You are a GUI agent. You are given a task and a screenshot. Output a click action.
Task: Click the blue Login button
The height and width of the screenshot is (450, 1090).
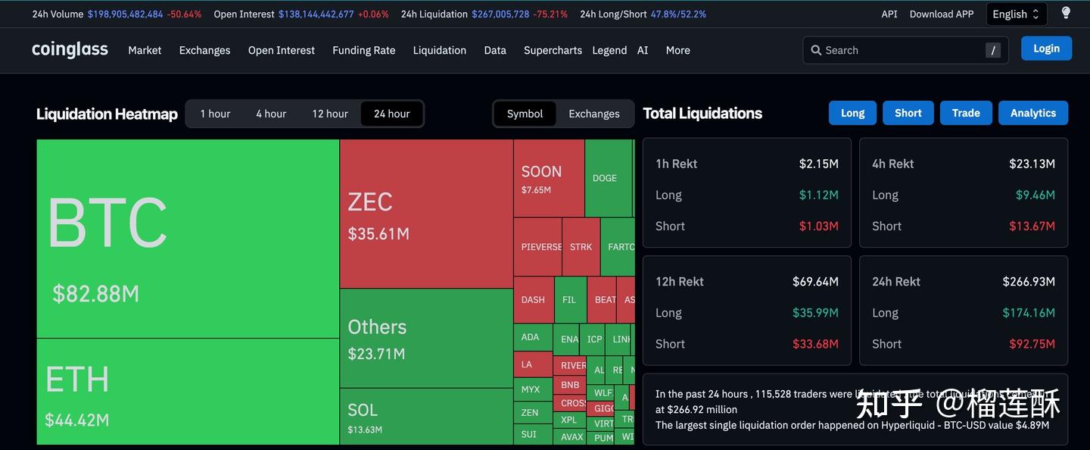click(1046, 48)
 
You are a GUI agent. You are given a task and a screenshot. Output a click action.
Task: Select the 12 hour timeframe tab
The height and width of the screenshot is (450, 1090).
click(330, 114)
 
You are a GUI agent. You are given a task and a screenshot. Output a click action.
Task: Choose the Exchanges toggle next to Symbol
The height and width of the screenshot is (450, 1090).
click(593, 114)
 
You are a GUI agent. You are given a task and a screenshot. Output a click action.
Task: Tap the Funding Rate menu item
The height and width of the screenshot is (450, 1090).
click(363, 50)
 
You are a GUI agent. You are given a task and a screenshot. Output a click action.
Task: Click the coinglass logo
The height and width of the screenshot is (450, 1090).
click(70, 50)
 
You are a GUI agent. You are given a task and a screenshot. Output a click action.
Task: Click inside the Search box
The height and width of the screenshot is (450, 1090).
click(901, 50)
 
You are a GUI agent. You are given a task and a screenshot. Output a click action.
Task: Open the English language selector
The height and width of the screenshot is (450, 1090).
click(1016, 14)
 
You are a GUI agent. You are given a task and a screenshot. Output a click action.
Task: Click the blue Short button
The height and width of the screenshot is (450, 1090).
click(908, 113)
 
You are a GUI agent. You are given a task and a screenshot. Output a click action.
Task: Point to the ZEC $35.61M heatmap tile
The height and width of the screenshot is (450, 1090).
click(426, 214)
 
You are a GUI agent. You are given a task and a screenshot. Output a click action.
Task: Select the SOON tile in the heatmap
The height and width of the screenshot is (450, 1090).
click(548, 179)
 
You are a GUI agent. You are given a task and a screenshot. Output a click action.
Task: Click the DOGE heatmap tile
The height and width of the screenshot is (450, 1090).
click(607, 178)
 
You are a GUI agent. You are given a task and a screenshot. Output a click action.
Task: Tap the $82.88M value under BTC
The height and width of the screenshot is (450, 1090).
click(95, 294)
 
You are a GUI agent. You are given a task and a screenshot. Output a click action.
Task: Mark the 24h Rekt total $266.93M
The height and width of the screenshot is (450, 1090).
click(1028, 282)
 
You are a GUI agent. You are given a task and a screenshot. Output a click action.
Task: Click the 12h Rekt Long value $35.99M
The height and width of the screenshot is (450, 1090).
click(815, 313)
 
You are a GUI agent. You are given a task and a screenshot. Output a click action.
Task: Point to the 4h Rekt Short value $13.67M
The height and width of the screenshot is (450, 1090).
click(1032, 227)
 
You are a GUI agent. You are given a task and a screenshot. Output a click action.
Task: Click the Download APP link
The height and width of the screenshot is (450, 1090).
click(941, 14)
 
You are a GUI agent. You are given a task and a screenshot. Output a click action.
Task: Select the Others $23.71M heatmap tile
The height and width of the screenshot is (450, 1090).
click(426, 339)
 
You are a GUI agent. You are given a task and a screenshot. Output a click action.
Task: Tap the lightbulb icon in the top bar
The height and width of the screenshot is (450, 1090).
click(1066, 13)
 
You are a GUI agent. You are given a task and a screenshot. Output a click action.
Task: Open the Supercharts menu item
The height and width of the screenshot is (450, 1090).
click(553, 50)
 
